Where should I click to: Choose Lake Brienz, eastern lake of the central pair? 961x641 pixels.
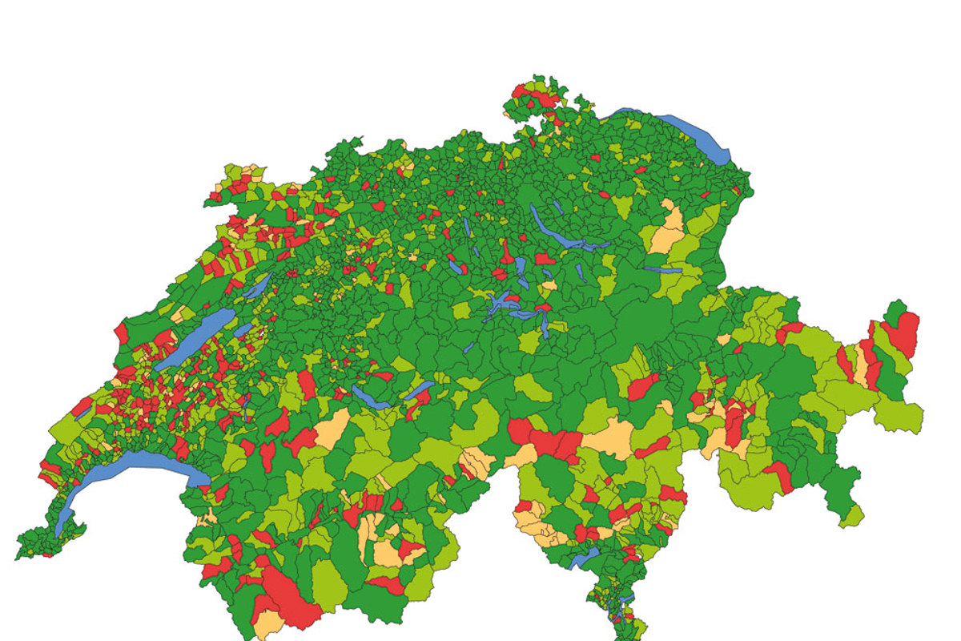418,390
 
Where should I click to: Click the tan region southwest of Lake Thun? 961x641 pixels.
332,429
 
